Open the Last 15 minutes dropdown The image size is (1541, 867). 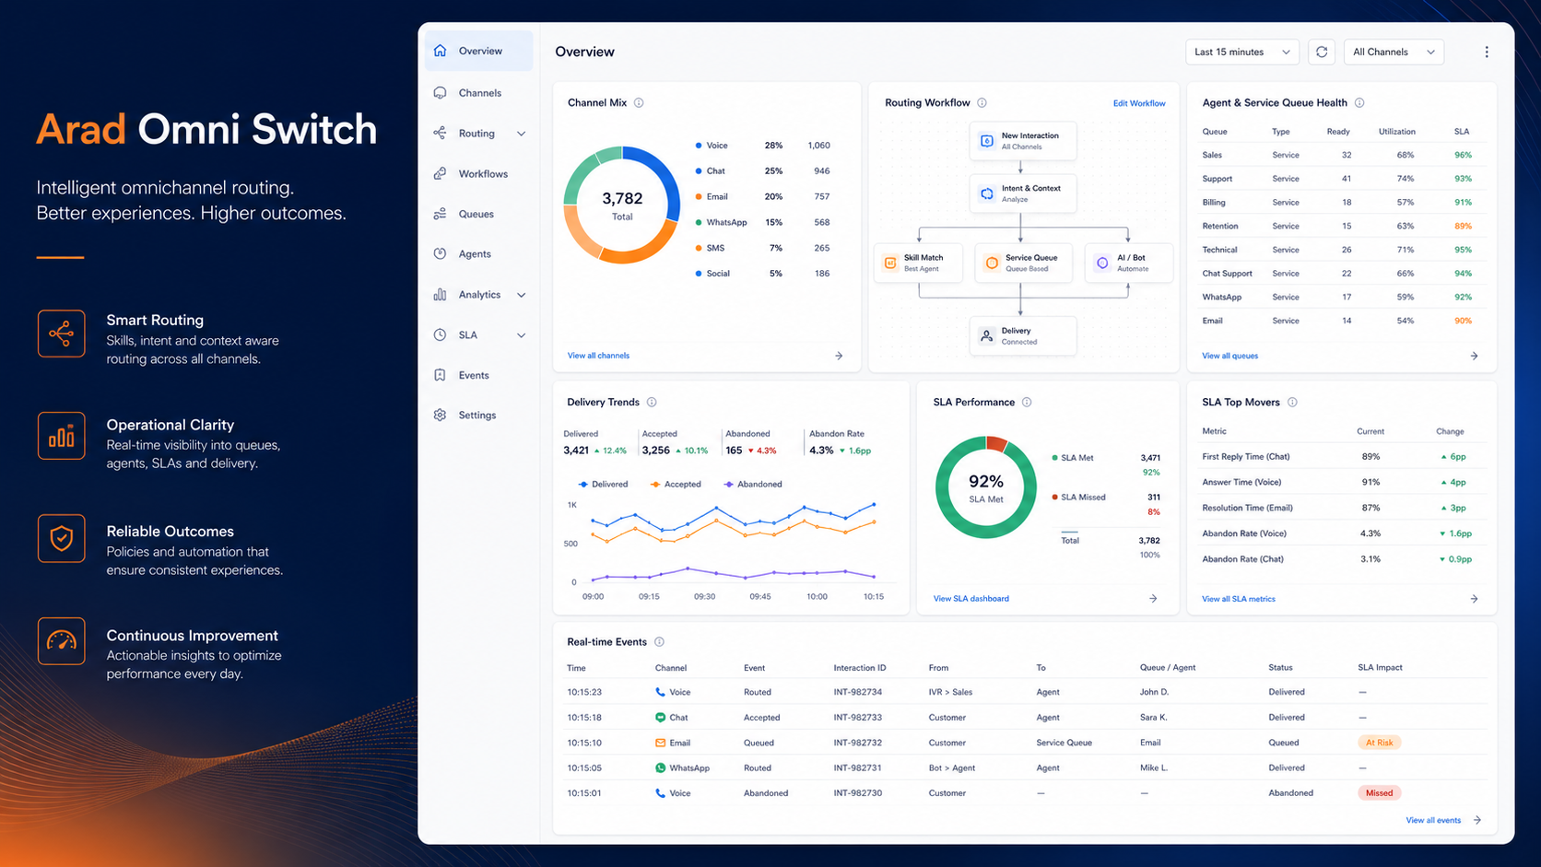pyautogui.click(x=1241, y=53)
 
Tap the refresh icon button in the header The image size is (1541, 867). pyautogui.click(x=1322, y=53)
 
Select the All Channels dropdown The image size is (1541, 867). pyautogui.click(x=1394, y=53)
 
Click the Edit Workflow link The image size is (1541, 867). pyautogui.click(x=1139, y=103)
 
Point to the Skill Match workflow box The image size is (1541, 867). pyautogui.click(x=918, y=263)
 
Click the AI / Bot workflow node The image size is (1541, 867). pyautogui.click(x=1128, y=263)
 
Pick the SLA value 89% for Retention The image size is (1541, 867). pyautogui.click(x=1463, y=227)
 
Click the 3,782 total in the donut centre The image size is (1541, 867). pyautogui.click(x=622, y=199)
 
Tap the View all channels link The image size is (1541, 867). pyautogui.click(x=598, y=356)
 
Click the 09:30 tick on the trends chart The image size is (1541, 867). pyautogui.click(x=704, y=597)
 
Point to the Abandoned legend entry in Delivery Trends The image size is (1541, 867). pyautogui.click(x=753, y=484)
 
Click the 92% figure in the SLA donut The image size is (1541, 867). pyautogui.click(x=986, y=481)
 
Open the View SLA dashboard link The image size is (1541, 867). pyautogui.click(x=970, y=599)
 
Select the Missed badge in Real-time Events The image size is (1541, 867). pyautogui.click(x=1379, y=793)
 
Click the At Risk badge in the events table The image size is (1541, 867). pyautogui.click(x=1379, y=743)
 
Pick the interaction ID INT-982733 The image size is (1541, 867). pyautogui.click(x=857, y=717)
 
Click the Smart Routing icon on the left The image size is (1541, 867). pyautogui.click(x=61, y=334)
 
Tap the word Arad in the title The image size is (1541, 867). pyautogui.click(x=80, y=129)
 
